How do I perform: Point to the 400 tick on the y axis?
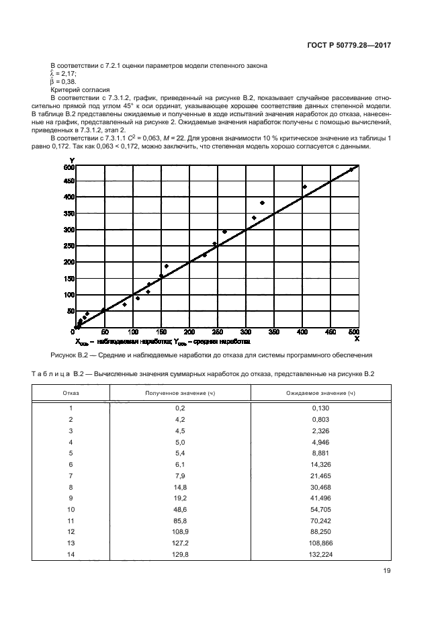coord(69,197)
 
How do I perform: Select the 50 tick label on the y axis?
coord(69,311)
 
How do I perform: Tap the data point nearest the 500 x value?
coord(351,170)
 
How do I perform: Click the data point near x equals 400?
coord(304,187)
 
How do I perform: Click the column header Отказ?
coord(71,392)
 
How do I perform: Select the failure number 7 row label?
coord(71,475)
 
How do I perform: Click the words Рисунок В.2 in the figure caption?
coord(68,355)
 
